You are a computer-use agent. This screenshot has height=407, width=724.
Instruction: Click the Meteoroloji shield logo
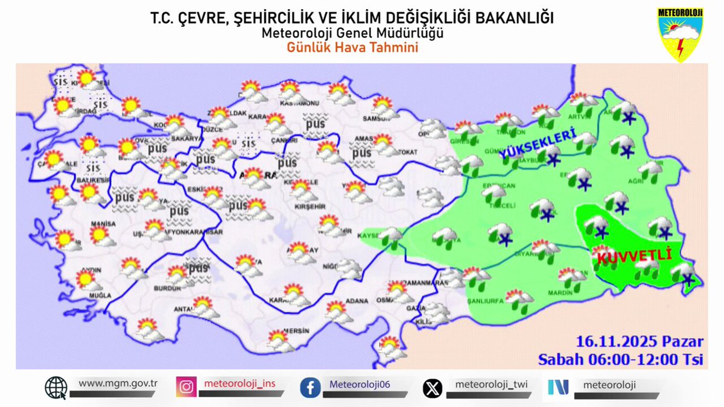[x=680, y=35]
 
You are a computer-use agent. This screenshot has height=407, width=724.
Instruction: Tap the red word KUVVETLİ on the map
[x=634, y=256]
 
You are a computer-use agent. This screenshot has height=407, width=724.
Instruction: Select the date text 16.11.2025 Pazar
[x=640, y=342]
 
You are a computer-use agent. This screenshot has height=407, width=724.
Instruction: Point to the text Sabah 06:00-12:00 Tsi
[x=621, y=359]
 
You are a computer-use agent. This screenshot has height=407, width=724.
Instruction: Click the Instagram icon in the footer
[x=186, y=386]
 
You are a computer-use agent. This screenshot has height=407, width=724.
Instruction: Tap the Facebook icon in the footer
[x=310, y=387]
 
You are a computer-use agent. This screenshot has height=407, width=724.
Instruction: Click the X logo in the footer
[x=432, y=387]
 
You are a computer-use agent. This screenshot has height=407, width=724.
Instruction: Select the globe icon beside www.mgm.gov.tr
[x=56, y=387]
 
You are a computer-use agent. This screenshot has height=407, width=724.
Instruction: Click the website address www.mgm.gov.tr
[x=118, y=383]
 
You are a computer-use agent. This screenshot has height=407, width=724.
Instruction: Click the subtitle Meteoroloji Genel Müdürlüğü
[x=352, y=33]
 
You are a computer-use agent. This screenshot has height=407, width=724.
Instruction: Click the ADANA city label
[x=357, y=300]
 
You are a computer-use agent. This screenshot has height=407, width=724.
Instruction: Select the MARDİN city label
[x=560, y=293]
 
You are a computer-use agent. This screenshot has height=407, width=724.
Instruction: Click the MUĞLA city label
[x=100, y=296]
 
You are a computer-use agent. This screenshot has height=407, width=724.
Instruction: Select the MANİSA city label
[x=103, y=224]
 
